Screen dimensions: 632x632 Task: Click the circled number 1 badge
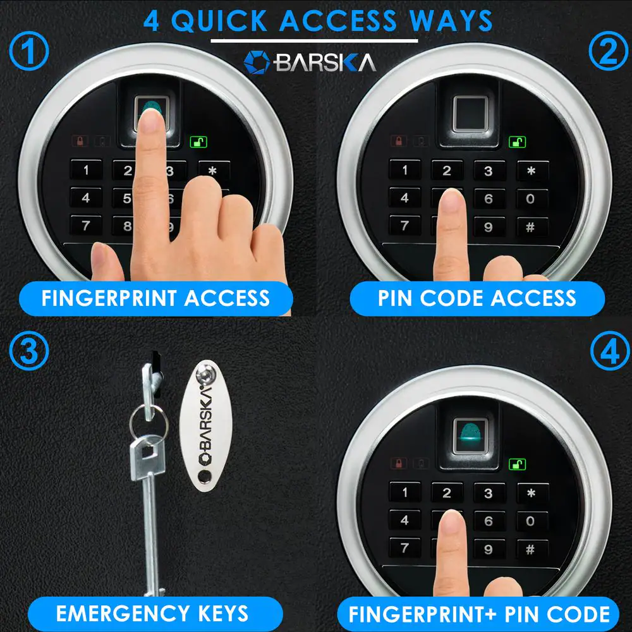point(28,51)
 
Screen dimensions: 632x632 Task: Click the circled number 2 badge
point(608,51)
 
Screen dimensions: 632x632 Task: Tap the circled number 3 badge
point(28,351)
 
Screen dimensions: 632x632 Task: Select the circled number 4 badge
point(610,351)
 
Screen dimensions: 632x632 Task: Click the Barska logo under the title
point(310,63)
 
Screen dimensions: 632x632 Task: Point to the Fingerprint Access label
point(156,299)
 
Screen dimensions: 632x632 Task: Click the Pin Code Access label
point(477,299)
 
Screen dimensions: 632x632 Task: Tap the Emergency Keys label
point(152,614)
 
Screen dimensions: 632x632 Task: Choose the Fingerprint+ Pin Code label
point(478,614)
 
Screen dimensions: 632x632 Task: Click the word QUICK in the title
point(219,21)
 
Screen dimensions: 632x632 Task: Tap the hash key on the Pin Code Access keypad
point(531,228)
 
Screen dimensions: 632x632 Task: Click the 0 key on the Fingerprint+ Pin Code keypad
point(531,521)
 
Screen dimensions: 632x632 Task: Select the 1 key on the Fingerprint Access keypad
point(86,171)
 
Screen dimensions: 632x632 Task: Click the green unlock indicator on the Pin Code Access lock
point(517,142)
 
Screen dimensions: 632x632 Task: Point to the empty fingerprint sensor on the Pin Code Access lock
point(470,113)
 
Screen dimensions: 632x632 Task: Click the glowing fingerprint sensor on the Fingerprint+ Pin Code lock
point(470,435)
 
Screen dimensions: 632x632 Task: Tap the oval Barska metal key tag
point(206,426)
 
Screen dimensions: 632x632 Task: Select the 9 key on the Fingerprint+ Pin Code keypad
point(488,549)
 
